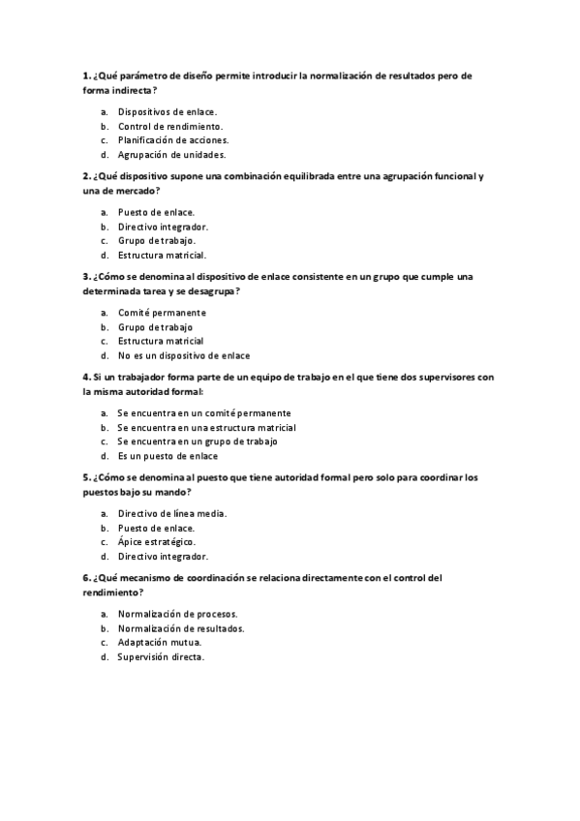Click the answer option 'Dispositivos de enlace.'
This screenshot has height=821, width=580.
[168, 111]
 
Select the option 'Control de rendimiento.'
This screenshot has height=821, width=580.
[170, 126]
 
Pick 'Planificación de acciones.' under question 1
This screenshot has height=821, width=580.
[173, 139]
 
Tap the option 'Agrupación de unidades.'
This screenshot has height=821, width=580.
[171, 154]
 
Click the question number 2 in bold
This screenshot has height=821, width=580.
[87, 176]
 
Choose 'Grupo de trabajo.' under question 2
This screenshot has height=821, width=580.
[157, 240]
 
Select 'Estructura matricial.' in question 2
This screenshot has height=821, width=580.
[162, 255]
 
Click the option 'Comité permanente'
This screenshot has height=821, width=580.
[162, 313]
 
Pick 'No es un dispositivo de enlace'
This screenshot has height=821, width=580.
[184, 355]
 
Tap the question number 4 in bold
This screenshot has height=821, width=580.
[87, 378]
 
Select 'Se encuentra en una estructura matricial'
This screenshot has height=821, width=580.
[206, 427]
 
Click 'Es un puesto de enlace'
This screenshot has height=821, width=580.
[168, 455]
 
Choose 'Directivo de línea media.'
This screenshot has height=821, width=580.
[172, 513]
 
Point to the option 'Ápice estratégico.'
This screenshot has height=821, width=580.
[158, 542]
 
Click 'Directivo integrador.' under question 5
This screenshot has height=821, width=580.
[163, 557]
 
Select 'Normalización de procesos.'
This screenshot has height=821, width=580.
[178, 614]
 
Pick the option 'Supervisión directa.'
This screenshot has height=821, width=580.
[162, 656]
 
